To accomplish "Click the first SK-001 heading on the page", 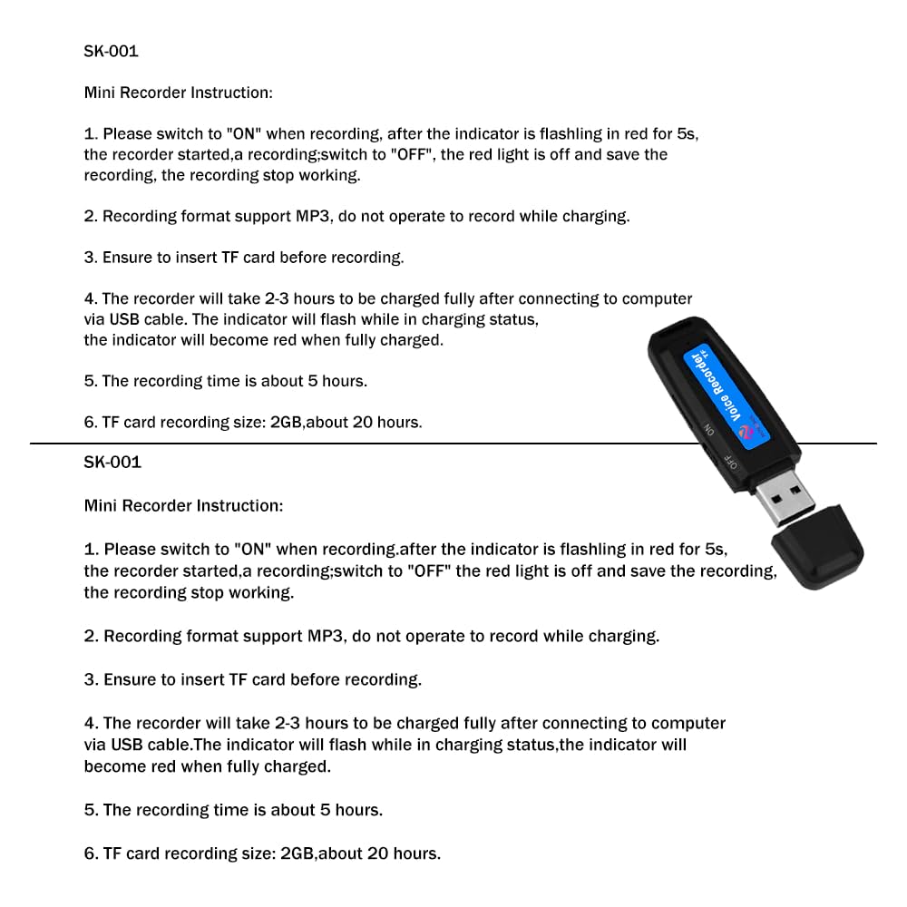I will pyautogui.click(x=111, y=51).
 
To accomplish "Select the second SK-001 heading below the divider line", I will pyautogui.click(x=112, y=462).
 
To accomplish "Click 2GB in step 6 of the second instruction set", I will pyautogui.click(x=297, y=853).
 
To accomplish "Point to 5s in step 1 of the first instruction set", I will pyautogui.click(x=688, y=133).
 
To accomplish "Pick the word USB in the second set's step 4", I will pyautogui.click(x=127, y=745).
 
